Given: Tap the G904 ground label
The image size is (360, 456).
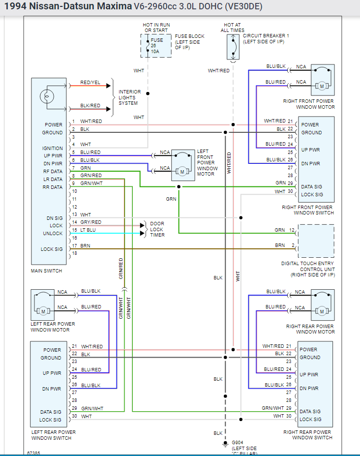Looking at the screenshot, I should tap(238, 443).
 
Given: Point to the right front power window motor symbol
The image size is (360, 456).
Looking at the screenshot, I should tap(323, 80).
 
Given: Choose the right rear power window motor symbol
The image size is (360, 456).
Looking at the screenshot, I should tap(323, 304).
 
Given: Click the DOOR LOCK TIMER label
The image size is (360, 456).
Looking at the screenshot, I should tap(157, 229).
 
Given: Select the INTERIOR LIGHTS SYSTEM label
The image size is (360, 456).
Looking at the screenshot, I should tap(129, 97).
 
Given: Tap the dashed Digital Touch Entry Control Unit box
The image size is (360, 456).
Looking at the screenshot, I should tap(316, 241).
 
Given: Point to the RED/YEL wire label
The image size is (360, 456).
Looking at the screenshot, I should tap(90, 83).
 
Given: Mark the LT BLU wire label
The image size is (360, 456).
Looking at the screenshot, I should tap(89, 230).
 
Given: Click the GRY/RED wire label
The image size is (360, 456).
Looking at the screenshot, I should tap(91, 222).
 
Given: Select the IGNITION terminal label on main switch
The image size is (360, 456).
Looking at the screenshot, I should tap(53, 148).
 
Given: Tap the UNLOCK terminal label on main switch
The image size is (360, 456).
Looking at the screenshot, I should tap(53, 234).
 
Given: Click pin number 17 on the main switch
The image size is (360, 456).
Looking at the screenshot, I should tap(74, 246).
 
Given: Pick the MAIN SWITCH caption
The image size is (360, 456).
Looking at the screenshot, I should tap(46, 271).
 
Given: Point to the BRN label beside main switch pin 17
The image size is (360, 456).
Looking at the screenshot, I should tap(85, 246).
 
